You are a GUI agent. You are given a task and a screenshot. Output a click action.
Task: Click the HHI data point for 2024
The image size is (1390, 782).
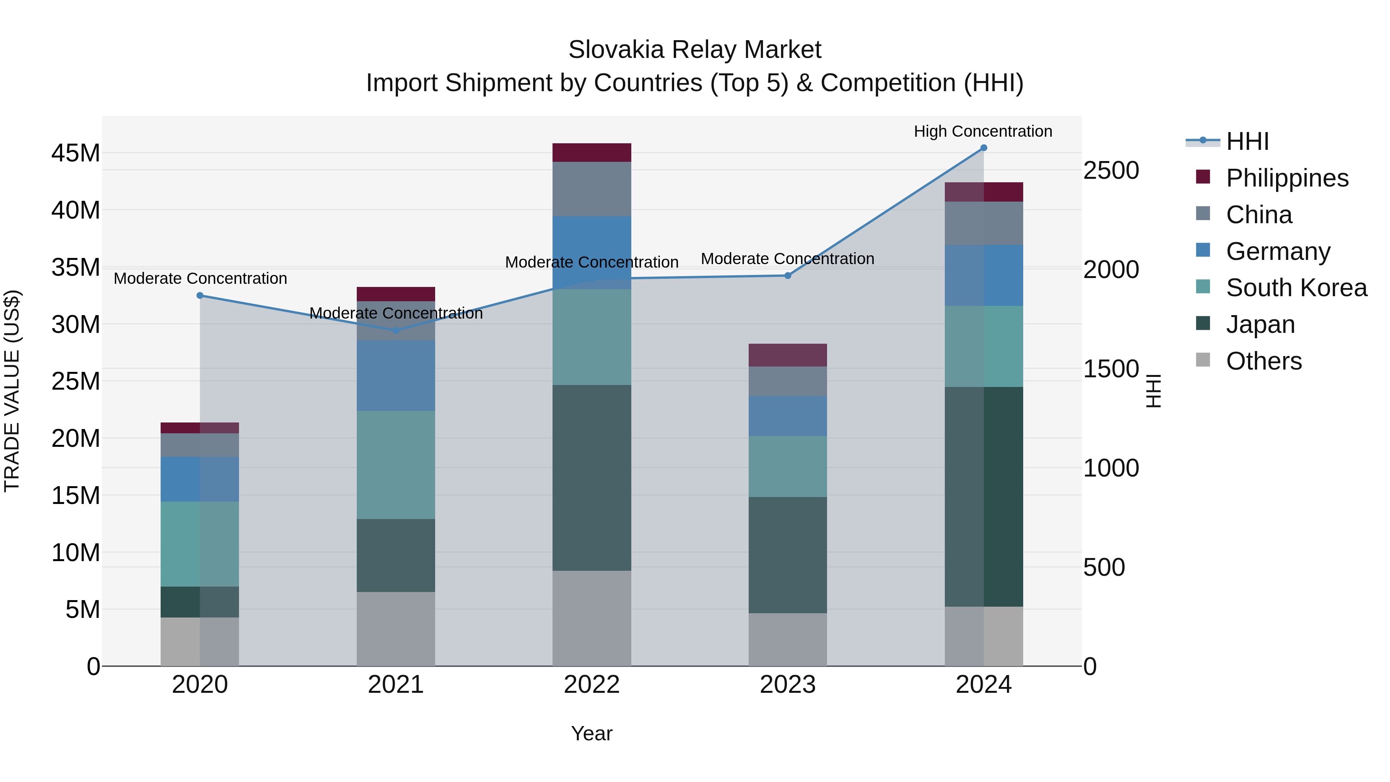tap(983, 148)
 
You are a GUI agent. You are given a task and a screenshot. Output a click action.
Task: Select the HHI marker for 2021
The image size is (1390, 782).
tap(395, 330)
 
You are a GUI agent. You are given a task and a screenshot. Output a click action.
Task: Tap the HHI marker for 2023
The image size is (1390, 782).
tap(787, 276)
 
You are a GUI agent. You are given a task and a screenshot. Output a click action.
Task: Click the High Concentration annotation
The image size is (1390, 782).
tap(983, 132)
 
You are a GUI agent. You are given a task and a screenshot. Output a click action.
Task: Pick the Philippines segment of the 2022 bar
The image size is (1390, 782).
tap(592, 153)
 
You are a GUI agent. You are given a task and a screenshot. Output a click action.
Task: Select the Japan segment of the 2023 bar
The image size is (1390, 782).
tap(787, 555)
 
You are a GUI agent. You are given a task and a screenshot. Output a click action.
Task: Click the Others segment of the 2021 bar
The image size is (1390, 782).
tap(395, 629)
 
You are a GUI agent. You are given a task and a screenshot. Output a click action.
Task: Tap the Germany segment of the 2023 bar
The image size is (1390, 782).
tap(787, 416)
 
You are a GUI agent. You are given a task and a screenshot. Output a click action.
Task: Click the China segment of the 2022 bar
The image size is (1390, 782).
tap(592, 189)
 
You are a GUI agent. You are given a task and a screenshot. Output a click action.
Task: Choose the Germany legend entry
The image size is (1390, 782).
tap(1278, 251)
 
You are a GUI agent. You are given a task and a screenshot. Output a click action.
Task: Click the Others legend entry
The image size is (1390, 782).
tap(1263, 361)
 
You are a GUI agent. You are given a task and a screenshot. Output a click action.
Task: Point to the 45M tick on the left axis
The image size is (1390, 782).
tap(76, 153)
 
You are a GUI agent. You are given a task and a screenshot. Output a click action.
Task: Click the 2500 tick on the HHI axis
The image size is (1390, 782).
tap(1111, 171)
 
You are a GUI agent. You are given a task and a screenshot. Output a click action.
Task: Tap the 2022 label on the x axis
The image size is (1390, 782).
tap(592, 685)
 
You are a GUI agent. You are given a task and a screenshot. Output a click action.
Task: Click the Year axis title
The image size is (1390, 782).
tap(592, 733)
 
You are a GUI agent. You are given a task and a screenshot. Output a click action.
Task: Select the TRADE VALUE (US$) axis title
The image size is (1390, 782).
tap(12, 391)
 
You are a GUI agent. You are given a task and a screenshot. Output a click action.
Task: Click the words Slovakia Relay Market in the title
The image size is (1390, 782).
tap(695, 50)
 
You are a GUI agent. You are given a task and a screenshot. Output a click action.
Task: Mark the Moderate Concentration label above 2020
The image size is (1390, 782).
tap(200, 278)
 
